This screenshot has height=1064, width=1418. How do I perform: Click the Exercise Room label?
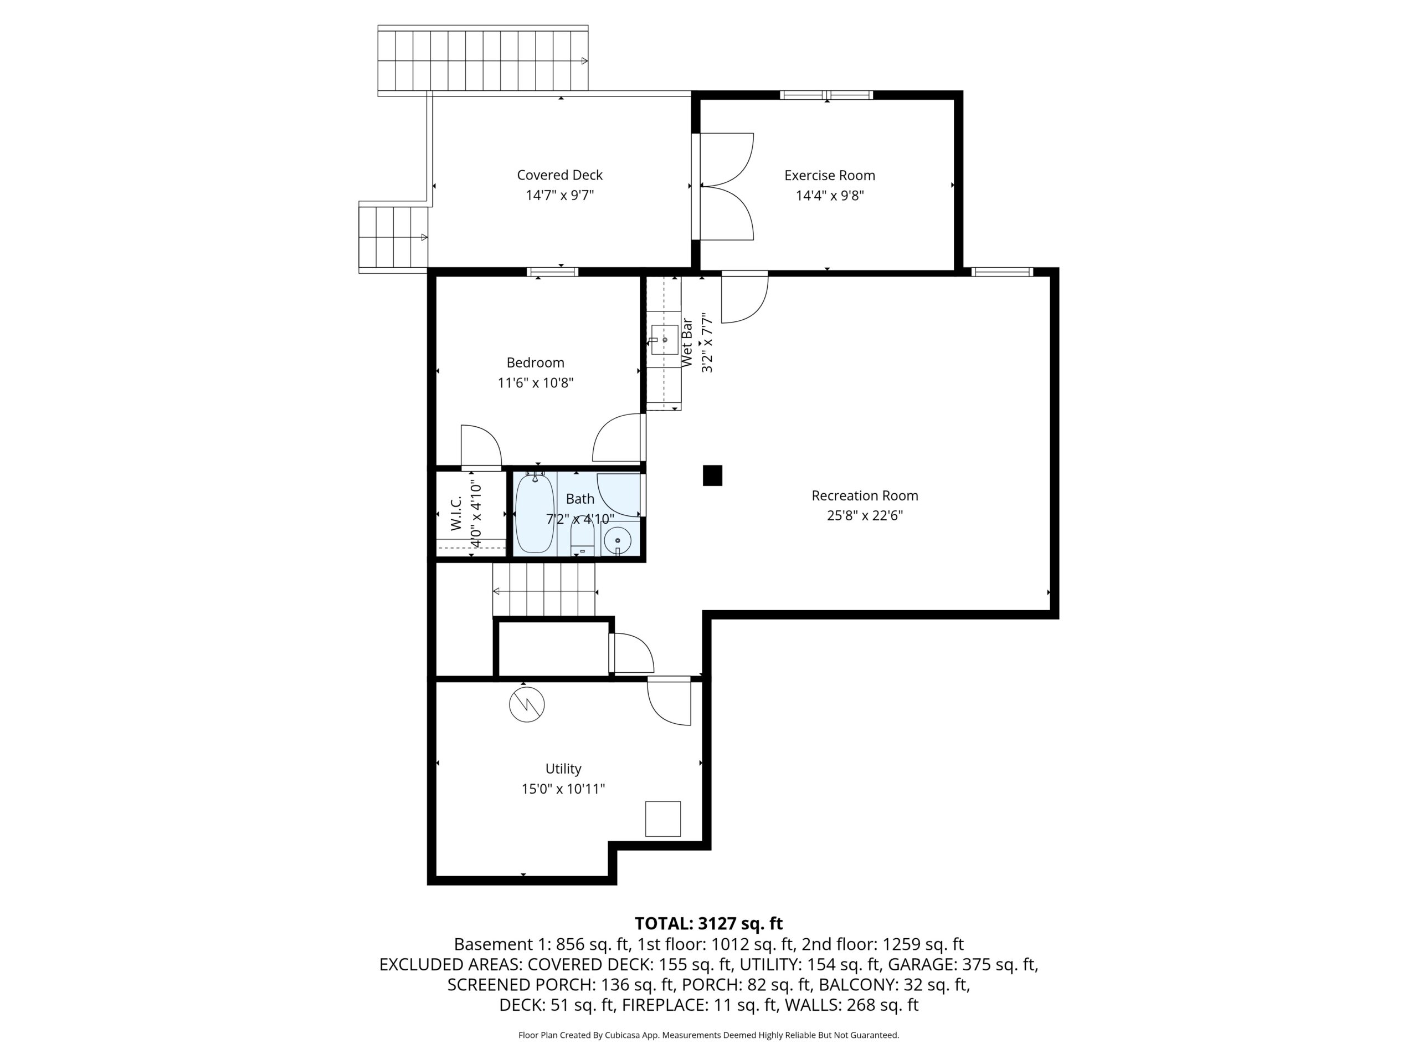pyautogui.click(x=830, y=175)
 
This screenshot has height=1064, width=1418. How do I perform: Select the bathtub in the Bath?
pyautogui.click(x=535, y=513)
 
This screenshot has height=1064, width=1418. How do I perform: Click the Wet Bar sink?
pyautogui.click(x=664, y=339)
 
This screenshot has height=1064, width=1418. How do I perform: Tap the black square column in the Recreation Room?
pyautogui.click(x=712, y=475)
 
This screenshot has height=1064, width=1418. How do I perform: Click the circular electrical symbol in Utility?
pyautogui.click(x=527, y=704)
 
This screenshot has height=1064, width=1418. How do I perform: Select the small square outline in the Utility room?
pyautogui.click(x=663, y=819)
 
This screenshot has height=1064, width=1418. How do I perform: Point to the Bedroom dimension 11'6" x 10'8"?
pyautogui.click(x=535, y=383)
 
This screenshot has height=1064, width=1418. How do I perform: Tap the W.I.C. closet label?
pyautogui.click(x=456, y=514)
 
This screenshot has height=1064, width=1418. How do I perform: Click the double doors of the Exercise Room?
pyautogui.click(x=726, y=187)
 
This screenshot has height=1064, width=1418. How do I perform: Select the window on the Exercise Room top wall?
pyautogui.click(x=826, y=95)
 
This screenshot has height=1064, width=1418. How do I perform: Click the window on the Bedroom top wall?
pyautogui.click(x=552, y=272)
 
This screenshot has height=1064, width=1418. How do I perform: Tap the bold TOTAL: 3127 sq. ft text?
pyautogui.click(x=708, y=924)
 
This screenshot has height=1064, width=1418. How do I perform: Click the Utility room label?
pyautogui.click(x=563, y=768)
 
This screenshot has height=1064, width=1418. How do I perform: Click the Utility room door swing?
pyautogui.click(x=669, y=701)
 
